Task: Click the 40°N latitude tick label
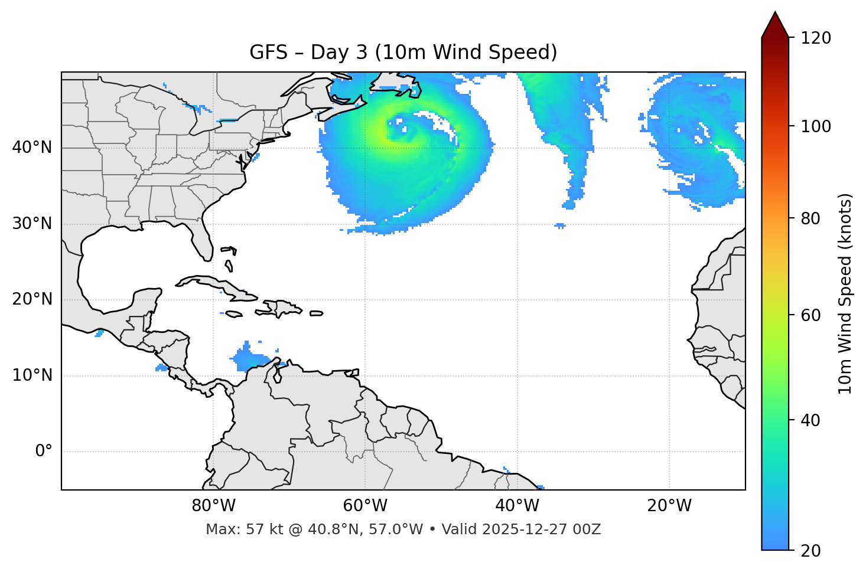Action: pyautogui.click(x=32, y=148)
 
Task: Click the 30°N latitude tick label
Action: pyautogui.click(x=32, y=224)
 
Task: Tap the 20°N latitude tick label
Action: pyautogui.click(x=32, y=299)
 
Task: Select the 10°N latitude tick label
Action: pyautogui.click(x=32, y=375)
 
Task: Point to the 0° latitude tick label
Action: pyautogui.click(x=44, y=452)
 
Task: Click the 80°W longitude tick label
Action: pyautogui.click(x=213, y=506)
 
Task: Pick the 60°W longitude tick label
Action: pyautogui.click(x=365, y=506)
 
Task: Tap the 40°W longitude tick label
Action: pyautogui.click(x=517, y=506)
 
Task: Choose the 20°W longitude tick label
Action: pyautogui.click(x=669, y=506)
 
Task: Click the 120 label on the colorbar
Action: pyautogui.click(x=816, y=38)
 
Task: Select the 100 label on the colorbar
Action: pyautogui.click(x=816, y=126)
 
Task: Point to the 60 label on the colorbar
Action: pyautogui.click(x=812, y=315)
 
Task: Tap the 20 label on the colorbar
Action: pyautogui.click(x=812, y=551)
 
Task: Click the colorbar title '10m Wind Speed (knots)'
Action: pyautogui.click(x=845, y=293)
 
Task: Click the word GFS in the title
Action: pyautogui.click(x=268, y=53)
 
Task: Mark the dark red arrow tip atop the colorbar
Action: pyautogui.click(x=775, y=24)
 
